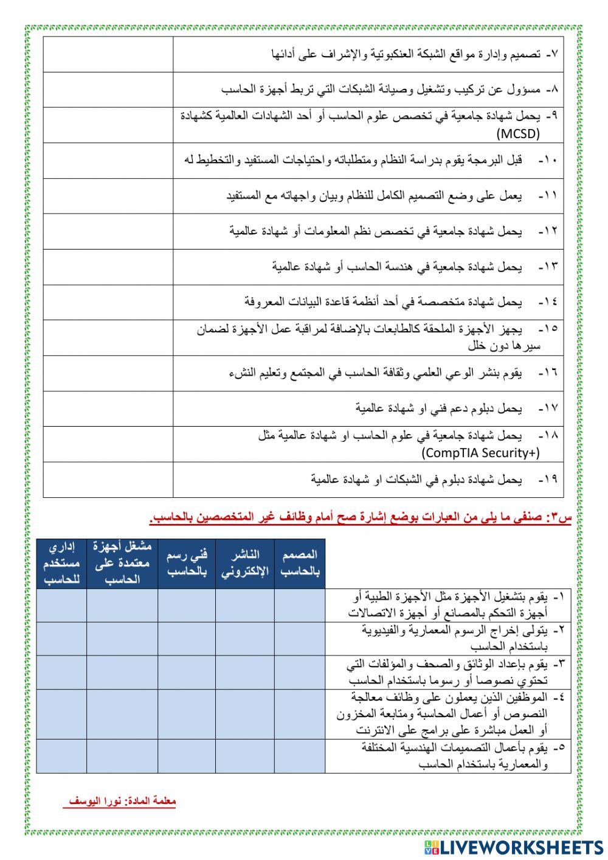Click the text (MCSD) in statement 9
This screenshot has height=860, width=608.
coord(518,133)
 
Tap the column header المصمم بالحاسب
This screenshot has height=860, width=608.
coord(300,564)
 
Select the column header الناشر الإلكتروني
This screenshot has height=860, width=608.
coord(245,564)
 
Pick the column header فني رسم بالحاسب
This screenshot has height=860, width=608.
coord(187,564)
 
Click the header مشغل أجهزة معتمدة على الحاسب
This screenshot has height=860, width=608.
coord(122,564)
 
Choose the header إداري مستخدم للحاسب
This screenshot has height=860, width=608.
coord(61,564)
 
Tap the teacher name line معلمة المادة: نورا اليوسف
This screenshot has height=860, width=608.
coord(120,802)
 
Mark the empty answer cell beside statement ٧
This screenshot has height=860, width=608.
coord(108,55)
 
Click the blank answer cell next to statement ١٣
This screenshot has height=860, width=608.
coord(108,267)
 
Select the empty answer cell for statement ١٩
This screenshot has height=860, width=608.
coord(108,480)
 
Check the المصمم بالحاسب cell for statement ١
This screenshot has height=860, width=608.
coord(300,606)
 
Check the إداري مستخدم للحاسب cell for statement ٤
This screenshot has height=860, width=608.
coord(61,714)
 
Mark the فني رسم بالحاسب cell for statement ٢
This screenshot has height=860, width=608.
coord(187,638)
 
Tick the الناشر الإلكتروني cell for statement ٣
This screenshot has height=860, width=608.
coord(245,672)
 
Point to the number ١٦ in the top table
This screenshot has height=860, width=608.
coord(550,372)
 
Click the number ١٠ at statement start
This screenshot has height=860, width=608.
coord(550,161)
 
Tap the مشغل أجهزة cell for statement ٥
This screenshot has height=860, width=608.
coord(122,756)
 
